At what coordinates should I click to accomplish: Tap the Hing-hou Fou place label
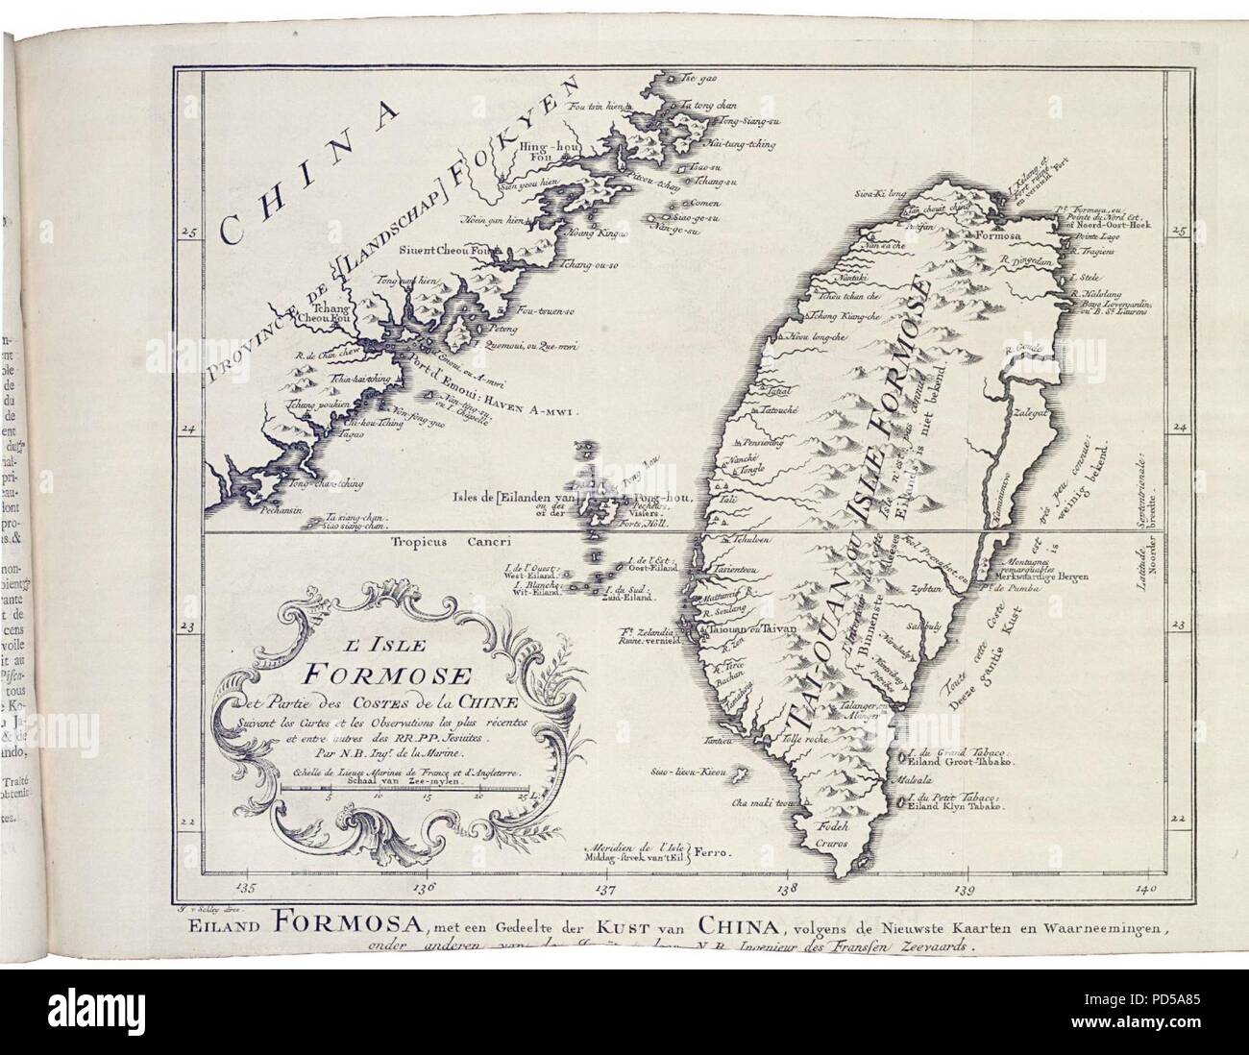pyautogui.click(x=544, y=151)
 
